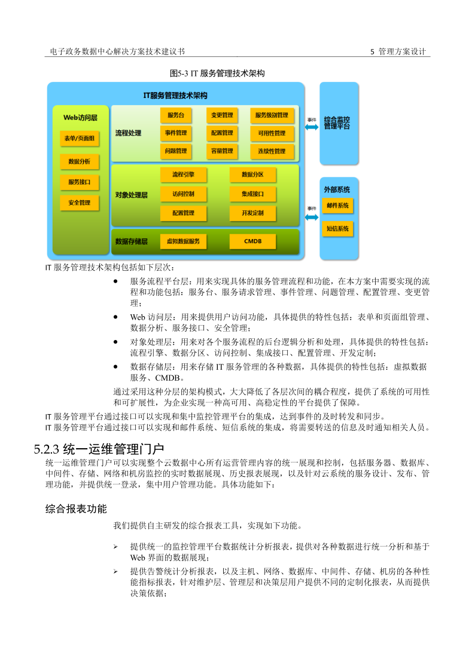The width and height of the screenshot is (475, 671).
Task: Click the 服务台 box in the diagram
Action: tap(176, 115)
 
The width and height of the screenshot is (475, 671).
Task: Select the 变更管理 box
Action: tap(222, 115)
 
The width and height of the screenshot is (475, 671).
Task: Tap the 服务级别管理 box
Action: tap(272, 115)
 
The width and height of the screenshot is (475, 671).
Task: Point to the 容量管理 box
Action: tap(222, 151)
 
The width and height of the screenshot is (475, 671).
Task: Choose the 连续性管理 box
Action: tap(272, 151)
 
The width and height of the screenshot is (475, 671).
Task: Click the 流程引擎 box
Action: tap(183, 174)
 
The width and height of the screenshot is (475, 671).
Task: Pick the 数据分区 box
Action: tap(252, 174)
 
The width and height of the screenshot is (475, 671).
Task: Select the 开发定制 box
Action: tap(252, 213)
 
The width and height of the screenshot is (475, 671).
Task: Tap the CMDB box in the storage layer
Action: tap(252, 241)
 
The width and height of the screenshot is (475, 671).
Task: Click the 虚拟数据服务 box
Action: tap(183, 241)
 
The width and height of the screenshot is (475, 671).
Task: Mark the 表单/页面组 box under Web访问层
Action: tap(80, 139)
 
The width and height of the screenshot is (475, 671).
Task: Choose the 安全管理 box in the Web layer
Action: tap(80, 203)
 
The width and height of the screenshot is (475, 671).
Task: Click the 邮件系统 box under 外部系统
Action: tap(337, 206)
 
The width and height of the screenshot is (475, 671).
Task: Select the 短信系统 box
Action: tap(337, 228)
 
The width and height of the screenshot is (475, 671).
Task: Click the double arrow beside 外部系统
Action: tap(312, 217)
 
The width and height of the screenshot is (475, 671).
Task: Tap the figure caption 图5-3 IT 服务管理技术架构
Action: tap(217, 73)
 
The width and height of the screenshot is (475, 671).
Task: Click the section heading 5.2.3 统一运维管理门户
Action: tap(99, 448)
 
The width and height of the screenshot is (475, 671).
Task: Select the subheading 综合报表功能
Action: tap(76, 508)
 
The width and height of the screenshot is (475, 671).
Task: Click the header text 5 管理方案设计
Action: tap(398, 52)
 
